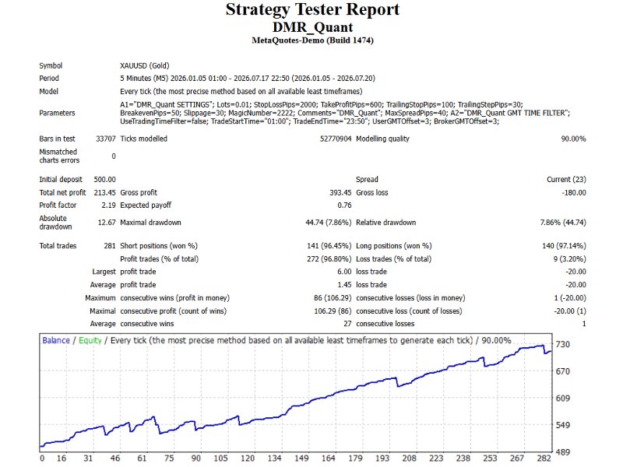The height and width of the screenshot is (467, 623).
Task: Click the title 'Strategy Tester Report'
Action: [x=312, y=9]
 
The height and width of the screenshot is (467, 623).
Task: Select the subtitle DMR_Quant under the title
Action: [x=312, y=27]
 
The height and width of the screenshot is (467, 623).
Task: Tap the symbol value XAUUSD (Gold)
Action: [x=145, y=65]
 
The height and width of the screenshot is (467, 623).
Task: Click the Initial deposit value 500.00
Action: [x=105, y=180]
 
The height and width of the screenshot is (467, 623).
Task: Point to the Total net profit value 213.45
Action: [x=105, y=192]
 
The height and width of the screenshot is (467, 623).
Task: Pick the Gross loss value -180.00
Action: [x=574, y=192]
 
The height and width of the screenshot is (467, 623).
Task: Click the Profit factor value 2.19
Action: [x=108, y=205]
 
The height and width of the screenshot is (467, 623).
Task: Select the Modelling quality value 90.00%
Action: [x=573, y=139]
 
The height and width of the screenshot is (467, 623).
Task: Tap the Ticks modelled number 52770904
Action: [x=336, y=139]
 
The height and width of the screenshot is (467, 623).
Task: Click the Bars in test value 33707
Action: [x=106, y=139]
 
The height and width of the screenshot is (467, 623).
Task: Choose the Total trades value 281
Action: [x=110, y=246]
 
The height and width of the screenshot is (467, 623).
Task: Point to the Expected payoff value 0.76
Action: [x=344, y=205]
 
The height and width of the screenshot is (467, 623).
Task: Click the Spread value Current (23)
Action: [x=567, y=180]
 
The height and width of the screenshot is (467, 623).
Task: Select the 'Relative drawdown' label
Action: [x=385, y=223]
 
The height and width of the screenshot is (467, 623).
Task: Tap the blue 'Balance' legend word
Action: [x=56, y=340]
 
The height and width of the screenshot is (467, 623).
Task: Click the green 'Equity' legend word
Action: [x=90, y=341]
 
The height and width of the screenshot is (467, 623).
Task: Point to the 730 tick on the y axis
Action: [x=562, y=344]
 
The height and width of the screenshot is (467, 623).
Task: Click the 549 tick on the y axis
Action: [x=562, y=425]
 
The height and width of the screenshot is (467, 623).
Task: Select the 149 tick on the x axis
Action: [x=301, y=458]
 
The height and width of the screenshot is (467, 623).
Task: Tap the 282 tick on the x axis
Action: [x=544, y=458]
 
